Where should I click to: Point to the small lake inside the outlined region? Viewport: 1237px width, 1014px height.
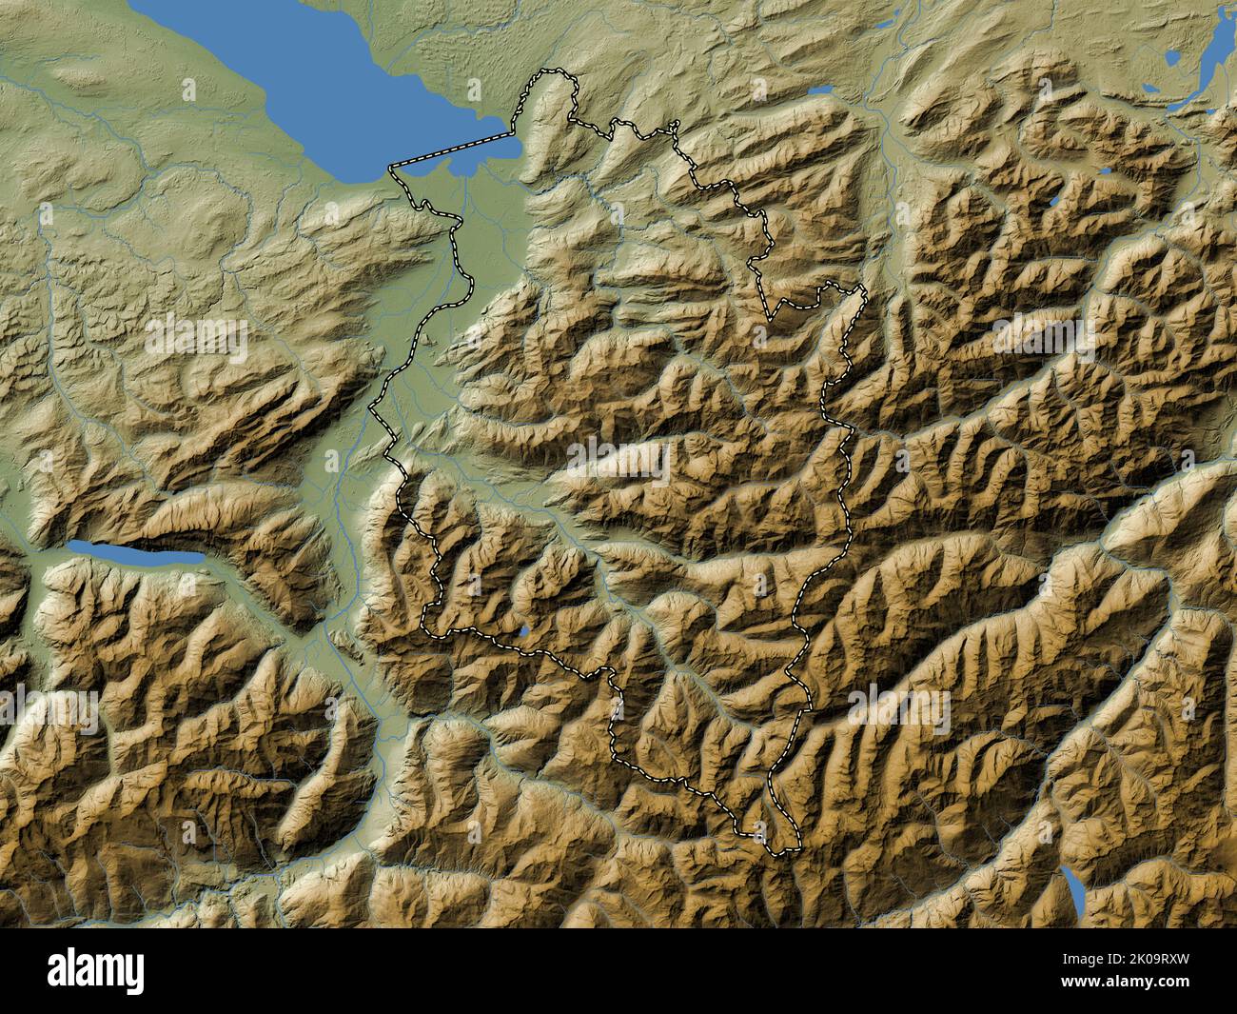(524, 631)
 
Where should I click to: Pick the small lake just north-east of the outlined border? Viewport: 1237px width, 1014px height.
(820, 91)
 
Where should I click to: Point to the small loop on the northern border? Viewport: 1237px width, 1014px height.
(674, 125)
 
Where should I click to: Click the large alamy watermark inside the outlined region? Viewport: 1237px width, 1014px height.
(618, 464)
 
